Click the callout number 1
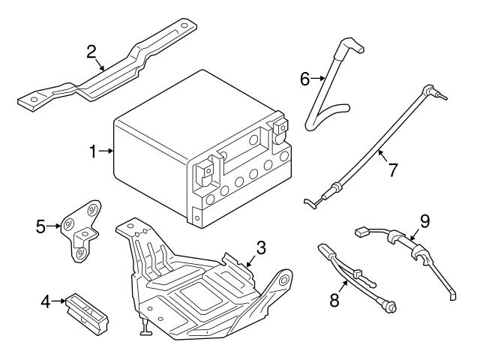pyautogui.click(x=93, y=152)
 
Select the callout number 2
pyautogui.click(x=91, y=52)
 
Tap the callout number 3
pyautogui.click(x=261, y=247)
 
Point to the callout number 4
pyautogui.click(x=46, y=302)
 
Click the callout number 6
pyautogui.click(x=305, y=77)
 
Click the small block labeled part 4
pyautogui.click(x=86, y=310)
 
